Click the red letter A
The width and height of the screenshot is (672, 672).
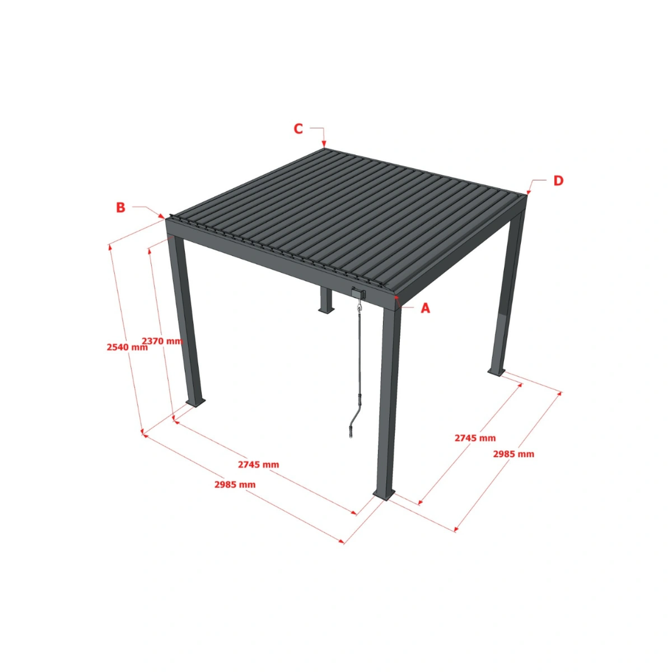[426, 308]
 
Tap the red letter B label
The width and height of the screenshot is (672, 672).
[120, 207]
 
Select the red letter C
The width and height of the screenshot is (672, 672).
[298, 129]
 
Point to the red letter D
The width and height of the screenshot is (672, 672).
[558, 180]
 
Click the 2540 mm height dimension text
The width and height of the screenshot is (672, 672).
[127, 347]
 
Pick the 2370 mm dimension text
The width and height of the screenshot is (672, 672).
[162, 340]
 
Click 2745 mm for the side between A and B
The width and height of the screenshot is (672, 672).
[258, 464]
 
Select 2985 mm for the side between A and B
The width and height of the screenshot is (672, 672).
[235, 484]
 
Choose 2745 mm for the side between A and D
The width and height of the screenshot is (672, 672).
[475, 438]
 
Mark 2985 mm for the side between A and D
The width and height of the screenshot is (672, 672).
[514, 454]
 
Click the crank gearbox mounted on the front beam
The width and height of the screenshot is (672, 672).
[358, 292]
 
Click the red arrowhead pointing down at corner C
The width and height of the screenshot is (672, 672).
[325, 145]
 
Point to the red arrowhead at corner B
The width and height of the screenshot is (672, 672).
[162, 216]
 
